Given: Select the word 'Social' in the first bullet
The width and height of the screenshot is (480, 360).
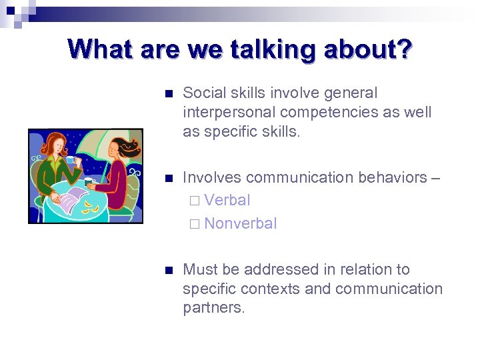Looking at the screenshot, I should pos(203,93).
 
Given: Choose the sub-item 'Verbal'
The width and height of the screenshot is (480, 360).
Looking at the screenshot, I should pos(227,200).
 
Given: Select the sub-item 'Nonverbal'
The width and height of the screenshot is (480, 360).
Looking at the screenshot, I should pos(240,223).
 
